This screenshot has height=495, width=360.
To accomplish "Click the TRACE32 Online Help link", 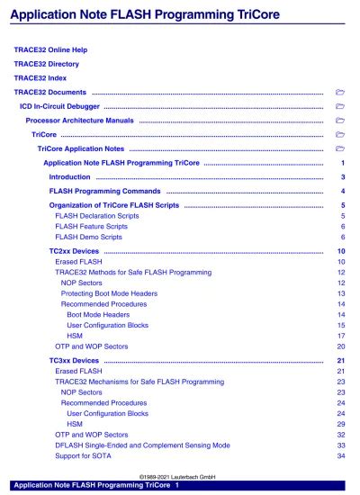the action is [x=56, y=49].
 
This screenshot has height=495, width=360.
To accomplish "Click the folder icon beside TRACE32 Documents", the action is [x=339, y=92].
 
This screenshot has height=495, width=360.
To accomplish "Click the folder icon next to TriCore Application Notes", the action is [x=339, y=148].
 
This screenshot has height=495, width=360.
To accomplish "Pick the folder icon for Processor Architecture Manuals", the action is [x=339, y=120].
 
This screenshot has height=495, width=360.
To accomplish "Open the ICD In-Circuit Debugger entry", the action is [x=58, y=106].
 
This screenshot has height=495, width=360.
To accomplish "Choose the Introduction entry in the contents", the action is [x=69, y=177].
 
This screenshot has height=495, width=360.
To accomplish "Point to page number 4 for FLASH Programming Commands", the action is [x=343, y=192].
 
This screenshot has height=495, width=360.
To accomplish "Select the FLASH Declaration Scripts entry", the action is [x=94, y=217].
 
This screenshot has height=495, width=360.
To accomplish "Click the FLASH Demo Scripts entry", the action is [x=84, y=238].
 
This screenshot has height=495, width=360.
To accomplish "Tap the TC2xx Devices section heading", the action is [x=74, y=251].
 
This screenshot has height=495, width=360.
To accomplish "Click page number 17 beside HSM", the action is [x=341, y=336].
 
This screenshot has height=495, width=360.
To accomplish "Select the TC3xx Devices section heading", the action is [x=74, y=361].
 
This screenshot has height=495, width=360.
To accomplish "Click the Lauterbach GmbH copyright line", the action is [x=181, y=477].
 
